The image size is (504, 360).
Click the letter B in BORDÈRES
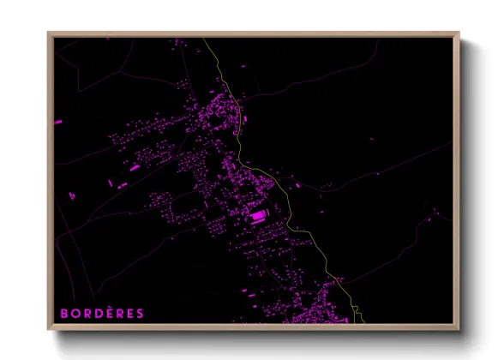64,314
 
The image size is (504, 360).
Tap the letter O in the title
75,314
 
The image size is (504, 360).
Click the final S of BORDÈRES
141,314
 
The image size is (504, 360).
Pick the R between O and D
87,314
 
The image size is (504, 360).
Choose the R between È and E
120,314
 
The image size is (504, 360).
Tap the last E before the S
130,314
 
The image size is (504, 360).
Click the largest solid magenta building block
257,216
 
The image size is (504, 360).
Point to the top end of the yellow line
204,39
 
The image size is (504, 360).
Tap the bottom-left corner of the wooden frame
48,330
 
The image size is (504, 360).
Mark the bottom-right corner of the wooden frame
459,330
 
